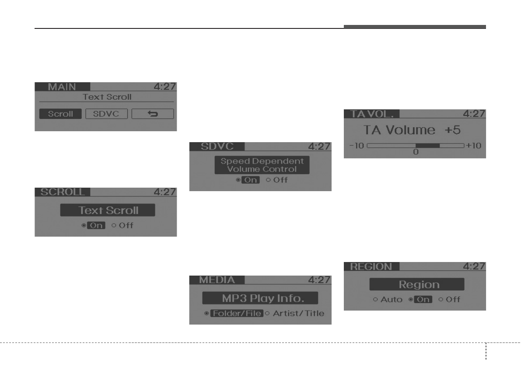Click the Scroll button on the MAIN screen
pyautogui.click(x=60, y=114)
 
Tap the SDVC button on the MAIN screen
pyautogui.click(x=106, y=114)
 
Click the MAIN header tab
pyautogui.click(x=62, y=86)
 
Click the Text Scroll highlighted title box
pyautogui.click(x=108, y=210)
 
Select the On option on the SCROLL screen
pyautogui.click(x=96, y=226)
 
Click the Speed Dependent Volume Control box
pyautogui.click(x=262, y=165)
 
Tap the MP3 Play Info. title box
pyautogui.click(x=260, y=298)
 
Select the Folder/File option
pyautogui.click(x=237, y=313)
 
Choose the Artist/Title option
pyautogui.click(x=298, y=313)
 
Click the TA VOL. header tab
pyautogui.click(x=371, y=113)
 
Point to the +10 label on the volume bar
pyautogui.click(x=473, y=145)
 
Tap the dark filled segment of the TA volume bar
pyautogui.click(x=427, y=145)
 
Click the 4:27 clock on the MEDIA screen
pyautogui.click(x=319, y=280)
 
